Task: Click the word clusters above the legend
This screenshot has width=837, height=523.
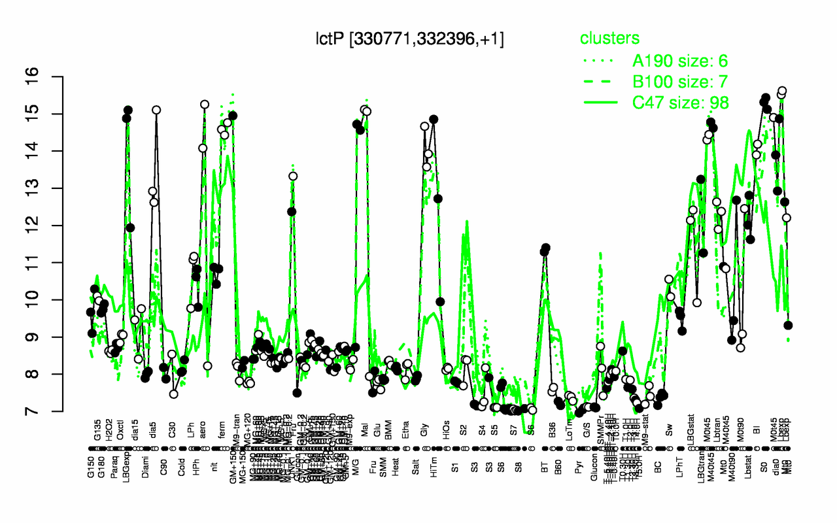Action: tap(609, 39)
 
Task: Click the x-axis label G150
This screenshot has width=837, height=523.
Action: tap(90, 435)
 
